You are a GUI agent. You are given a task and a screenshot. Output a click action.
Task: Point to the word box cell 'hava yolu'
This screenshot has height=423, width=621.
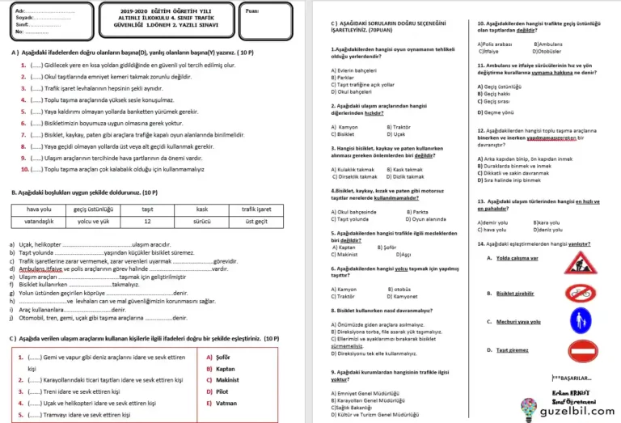39,209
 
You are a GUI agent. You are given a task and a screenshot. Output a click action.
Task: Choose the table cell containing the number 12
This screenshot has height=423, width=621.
147,220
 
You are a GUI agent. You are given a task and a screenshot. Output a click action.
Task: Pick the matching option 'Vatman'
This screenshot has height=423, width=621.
218,402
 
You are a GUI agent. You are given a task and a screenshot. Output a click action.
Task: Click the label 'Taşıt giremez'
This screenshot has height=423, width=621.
508,349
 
